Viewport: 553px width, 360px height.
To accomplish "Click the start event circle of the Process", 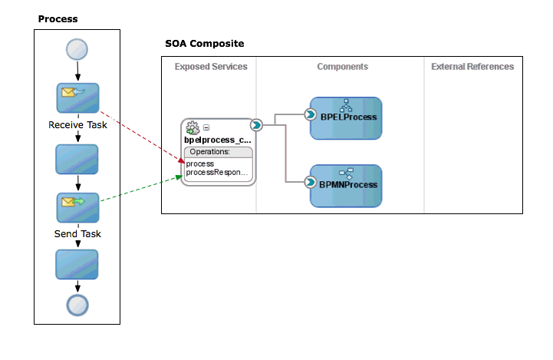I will pyautogui.click(x=77, y=49).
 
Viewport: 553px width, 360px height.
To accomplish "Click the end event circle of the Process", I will pyautogui.click(x=77, y=305).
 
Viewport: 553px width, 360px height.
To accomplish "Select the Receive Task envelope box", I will pyautogui.click(x=77, y=97).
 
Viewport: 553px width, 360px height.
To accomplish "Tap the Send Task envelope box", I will pyautogui.click(x=77, y=207).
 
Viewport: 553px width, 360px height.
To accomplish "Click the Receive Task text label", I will pyautogui.click(x=77, y=124).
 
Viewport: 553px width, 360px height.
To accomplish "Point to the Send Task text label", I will pyautogui.click(x=77, y=233).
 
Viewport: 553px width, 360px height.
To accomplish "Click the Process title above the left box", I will pyautogui.click(x=58, y=18).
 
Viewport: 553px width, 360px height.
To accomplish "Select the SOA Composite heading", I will pyautogui.click(x=205, y=44).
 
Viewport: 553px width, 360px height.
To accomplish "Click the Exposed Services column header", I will pyautogui.click(x=211, y=67).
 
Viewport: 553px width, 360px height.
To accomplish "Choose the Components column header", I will pyautogui.click(x=342, y=67).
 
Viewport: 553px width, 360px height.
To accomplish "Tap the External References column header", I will pyautogui.click(x=472, y=67).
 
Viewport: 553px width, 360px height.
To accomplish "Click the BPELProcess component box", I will pyautogui.click(x=346, y=118).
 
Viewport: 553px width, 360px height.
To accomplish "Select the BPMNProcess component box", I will pyautogui.click(x=346, y=186).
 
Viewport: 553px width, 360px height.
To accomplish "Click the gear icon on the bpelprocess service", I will pyautogui.click(x=193, y=128).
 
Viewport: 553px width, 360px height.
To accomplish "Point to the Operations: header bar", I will pyautogui.click(x=217, y=152).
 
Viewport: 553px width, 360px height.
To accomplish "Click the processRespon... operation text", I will pyautogui.click(x=217, y=173).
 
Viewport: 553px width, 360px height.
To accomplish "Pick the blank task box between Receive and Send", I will pyautogui.click(x=77, y=159).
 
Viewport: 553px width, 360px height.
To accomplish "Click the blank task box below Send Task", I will pyautogui.click(x=77, y=264).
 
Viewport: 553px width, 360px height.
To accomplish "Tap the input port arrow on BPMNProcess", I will pyautogui.click(x=311, y=183).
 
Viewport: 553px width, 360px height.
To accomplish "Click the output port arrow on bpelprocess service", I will pyautogui.click(x=256, y=125).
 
